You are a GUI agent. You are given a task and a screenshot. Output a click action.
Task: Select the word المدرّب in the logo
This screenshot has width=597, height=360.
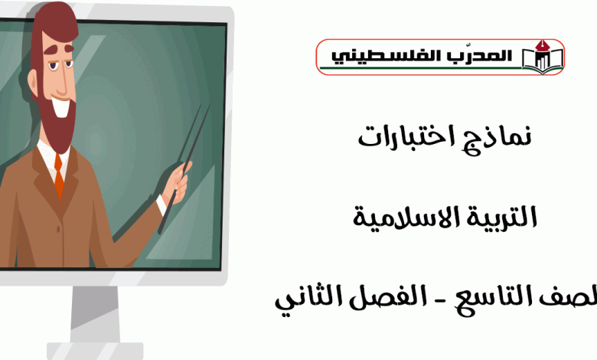coord(469,56)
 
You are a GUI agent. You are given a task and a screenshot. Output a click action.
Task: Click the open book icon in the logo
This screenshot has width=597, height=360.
coord(543,57)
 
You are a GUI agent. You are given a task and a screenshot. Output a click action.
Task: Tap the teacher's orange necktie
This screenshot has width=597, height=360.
coord(59,176)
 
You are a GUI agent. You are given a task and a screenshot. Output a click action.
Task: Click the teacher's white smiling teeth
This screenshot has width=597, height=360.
coord(61,106)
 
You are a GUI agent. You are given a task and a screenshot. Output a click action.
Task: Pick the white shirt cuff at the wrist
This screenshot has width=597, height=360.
coord(161,205)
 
